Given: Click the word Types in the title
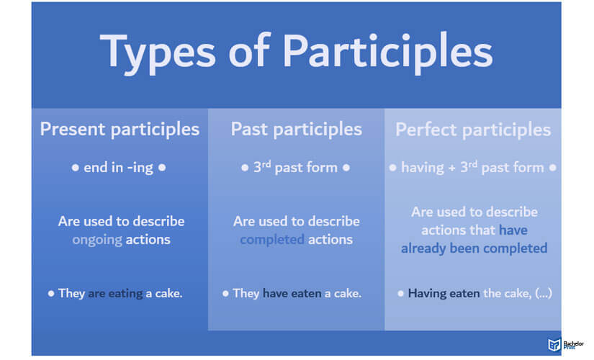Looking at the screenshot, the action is click(158, 53).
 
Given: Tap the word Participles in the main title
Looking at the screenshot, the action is click(387, 53).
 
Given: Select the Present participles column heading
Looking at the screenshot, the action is click(120, 129).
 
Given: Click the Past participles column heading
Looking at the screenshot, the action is click(296, 129).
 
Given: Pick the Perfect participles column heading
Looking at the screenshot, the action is click(473, 130).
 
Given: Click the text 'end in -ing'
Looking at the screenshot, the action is click(118, 168).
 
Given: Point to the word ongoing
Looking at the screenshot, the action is click(97, 240).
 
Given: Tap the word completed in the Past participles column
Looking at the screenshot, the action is click(272, 240).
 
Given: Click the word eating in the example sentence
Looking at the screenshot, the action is click(125, 293).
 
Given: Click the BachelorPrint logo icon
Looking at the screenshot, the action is click(554, 344).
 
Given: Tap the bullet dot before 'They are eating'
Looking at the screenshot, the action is click(51, 293).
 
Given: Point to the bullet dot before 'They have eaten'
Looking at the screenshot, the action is click(225, 293).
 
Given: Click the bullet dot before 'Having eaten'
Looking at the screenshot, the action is click(400, 293).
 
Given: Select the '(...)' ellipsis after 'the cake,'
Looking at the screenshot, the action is click(543, 293).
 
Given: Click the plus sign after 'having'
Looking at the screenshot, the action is click(452, 168).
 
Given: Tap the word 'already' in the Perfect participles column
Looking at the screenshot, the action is click(423, 248).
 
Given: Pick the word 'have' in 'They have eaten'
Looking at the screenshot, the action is click(276, 293).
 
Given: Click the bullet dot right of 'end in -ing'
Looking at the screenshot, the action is click(162, 168).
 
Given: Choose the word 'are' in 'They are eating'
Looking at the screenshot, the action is click(96, 294).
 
